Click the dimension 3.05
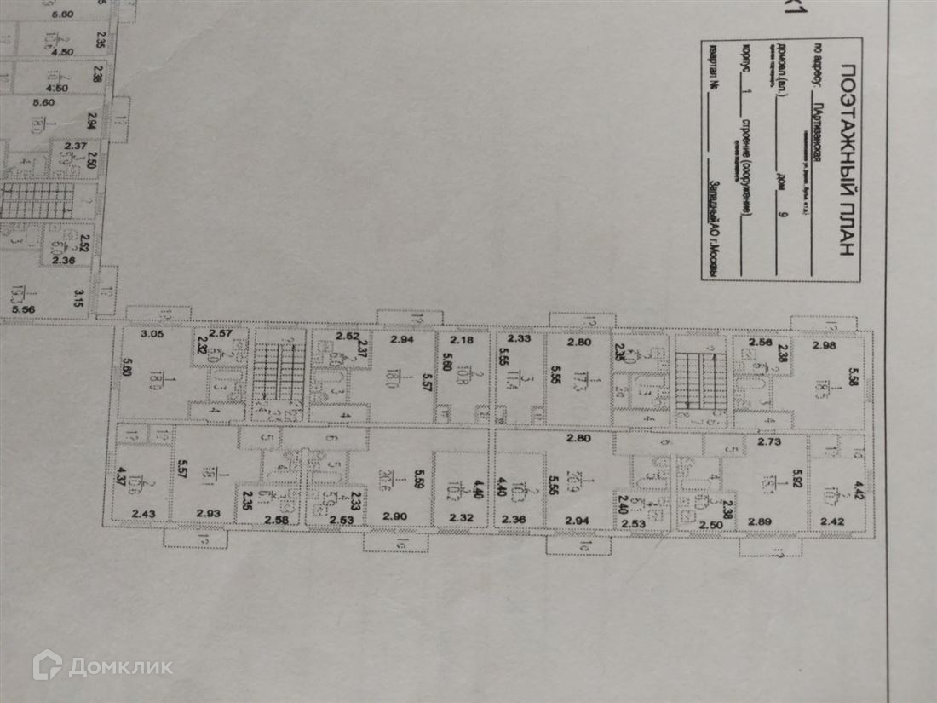point(151,335)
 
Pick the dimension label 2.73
point(769,444)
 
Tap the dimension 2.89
point(760,521)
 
